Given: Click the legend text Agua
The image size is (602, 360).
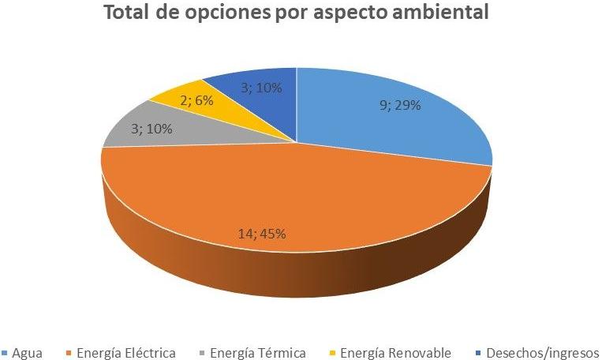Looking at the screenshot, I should pos(27,352).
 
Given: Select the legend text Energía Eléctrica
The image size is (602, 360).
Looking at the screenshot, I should pos(125,352).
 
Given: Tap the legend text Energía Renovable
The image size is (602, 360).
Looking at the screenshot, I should pos(395,352).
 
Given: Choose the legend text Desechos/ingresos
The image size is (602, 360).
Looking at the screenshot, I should pos(542,352).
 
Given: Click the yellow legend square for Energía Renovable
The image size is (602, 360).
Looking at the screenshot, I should pos(333,353).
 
